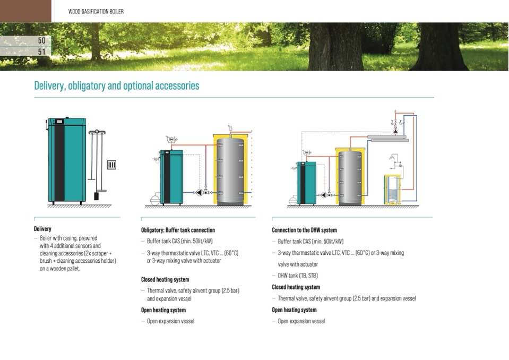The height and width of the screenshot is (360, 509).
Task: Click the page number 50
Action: tap(42, 40)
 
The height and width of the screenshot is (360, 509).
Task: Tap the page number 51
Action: tap(42, 52)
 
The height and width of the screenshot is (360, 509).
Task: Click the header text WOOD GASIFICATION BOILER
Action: tap(96, 12)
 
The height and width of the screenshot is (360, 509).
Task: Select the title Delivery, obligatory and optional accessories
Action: tap(117, 85)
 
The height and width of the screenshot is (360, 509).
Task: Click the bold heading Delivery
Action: tap(42, 229)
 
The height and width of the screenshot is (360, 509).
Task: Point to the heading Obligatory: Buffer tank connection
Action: tap(178, 230)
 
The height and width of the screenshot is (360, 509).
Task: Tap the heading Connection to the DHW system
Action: tap(305, 230)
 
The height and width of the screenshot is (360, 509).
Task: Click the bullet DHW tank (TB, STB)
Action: tap(298, 276)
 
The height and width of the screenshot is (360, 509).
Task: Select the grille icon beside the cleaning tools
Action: tap(111, 165)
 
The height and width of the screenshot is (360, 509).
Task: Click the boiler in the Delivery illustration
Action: tap(67, 160)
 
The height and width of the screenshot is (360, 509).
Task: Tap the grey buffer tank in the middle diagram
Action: tap(230, 171)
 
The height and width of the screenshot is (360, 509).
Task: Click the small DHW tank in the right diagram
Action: tap(392, 190)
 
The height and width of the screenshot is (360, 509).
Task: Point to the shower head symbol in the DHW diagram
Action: tap(392, 158)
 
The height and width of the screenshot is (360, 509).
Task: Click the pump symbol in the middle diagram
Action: tap(200, 193)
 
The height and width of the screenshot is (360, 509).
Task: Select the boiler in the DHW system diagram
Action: tap(306, 183)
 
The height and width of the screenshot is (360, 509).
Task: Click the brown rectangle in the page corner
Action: tap(25, 11)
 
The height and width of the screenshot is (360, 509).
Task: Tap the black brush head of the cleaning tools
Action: tap(97, 196)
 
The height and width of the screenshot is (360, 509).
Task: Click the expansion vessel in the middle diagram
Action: tap(155, 199)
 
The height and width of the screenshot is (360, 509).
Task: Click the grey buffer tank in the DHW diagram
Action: tap(350, 178)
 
